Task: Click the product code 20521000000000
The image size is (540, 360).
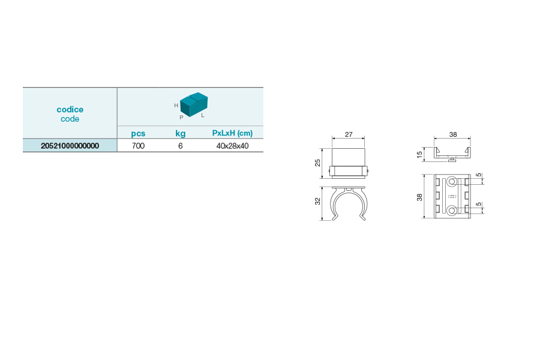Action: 70,146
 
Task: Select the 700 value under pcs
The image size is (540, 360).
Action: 138,146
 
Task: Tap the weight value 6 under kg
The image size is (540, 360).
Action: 181,146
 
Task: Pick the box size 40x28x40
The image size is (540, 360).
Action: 232,146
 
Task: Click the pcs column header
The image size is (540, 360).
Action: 138,133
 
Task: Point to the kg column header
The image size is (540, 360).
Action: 181,133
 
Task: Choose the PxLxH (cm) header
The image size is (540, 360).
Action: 232,133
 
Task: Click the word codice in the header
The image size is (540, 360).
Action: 70,109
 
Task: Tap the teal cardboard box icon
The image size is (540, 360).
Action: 194,104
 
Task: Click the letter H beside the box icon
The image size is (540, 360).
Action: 176,106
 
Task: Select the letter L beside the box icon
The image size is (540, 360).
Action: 203,115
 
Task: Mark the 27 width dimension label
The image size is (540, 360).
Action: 349,134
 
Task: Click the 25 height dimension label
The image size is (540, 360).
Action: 317,163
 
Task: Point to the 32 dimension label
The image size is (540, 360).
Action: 317,201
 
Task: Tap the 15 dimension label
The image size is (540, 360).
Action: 419,155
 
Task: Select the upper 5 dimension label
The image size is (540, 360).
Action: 479,175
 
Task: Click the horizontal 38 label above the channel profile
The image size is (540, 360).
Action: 453,134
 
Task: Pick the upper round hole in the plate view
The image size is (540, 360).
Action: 452,182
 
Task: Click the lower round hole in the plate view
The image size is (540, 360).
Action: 452,211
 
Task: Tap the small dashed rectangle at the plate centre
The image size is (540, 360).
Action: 452,196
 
